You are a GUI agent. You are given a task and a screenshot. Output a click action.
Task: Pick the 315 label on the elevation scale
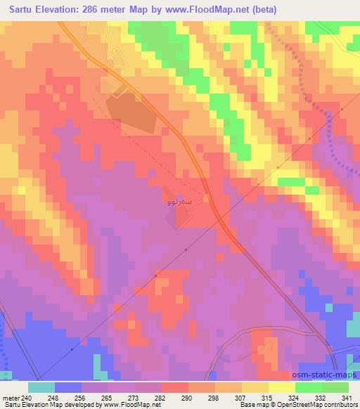click(x=266, y=398)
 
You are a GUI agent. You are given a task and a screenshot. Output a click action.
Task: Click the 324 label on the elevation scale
click(x=293, y=398)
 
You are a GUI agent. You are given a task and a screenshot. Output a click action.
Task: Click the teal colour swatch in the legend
click(x=41, y=387)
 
